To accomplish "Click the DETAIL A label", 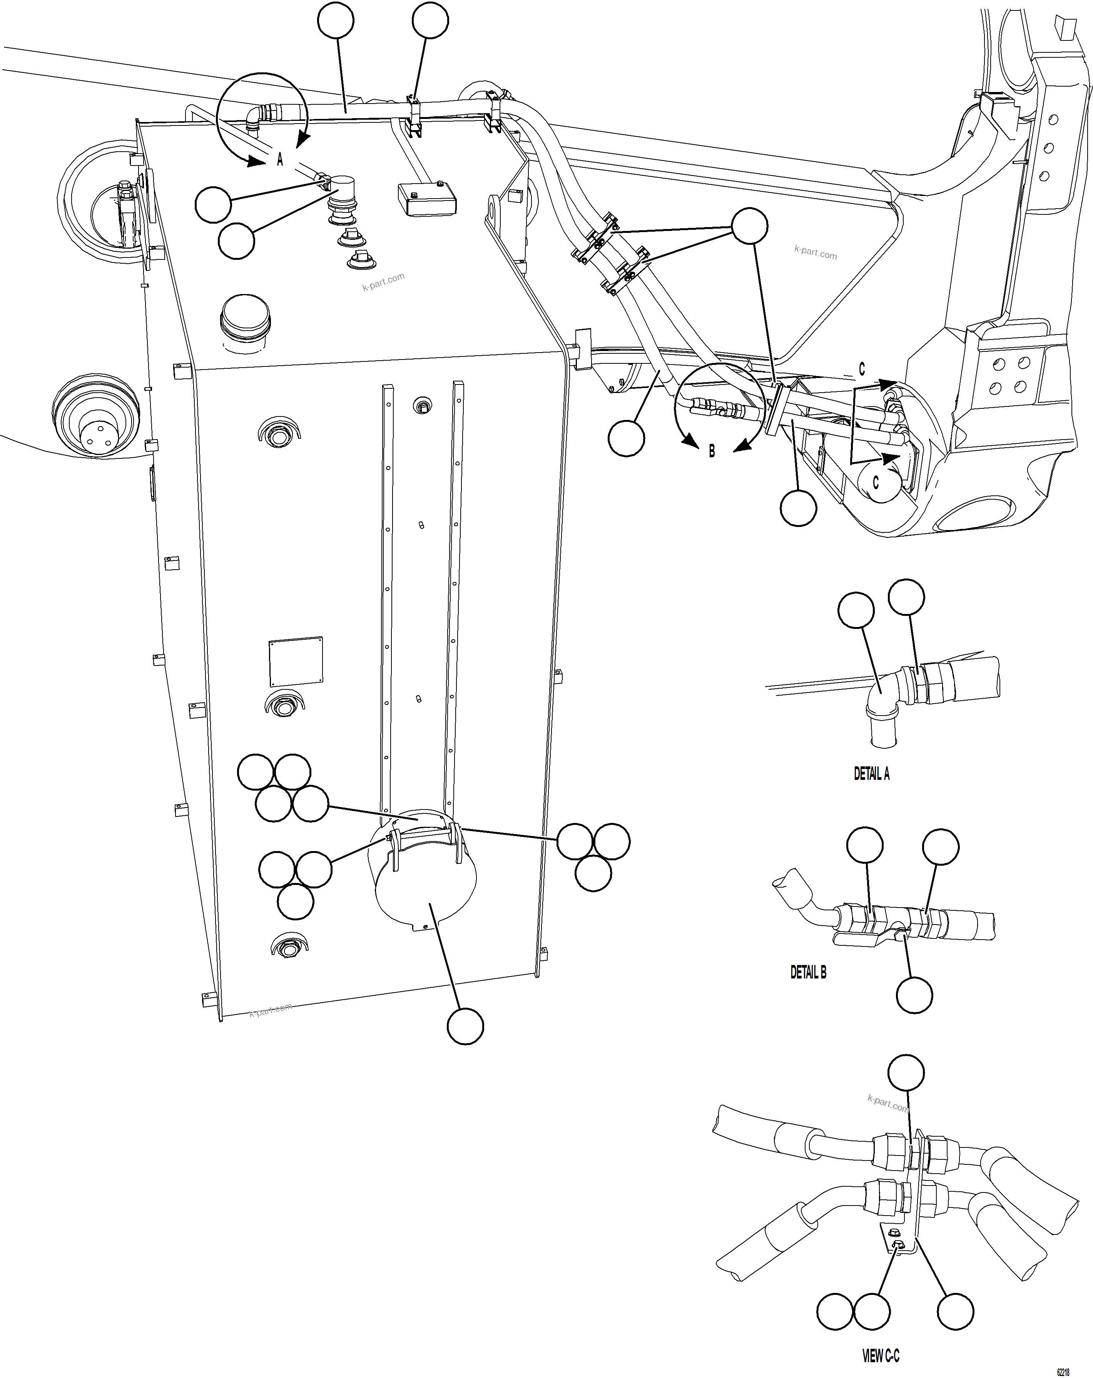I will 871,774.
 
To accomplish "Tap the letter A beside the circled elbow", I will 279,160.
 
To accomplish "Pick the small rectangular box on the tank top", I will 426,199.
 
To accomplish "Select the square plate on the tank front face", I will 295,662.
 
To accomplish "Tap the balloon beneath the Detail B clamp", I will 914,995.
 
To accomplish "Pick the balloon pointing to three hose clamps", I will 749,226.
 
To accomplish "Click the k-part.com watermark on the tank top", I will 383,282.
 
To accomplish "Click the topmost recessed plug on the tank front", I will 278,435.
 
